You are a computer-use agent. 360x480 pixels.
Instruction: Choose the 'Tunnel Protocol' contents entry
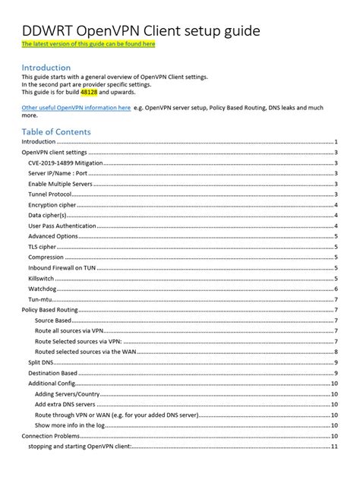(50, 194)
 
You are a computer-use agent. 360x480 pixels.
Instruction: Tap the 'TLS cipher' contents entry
(43, 247)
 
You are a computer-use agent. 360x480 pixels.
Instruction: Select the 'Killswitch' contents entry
(41, 278)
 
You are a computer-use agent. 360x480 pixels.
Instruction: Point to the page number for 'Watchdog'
(336, 289)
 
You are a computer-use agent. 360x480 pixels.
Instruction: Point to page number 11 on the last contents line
(335, 447)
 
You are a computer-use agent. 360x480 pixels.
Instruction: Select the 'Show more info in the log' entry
(74, 425)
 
